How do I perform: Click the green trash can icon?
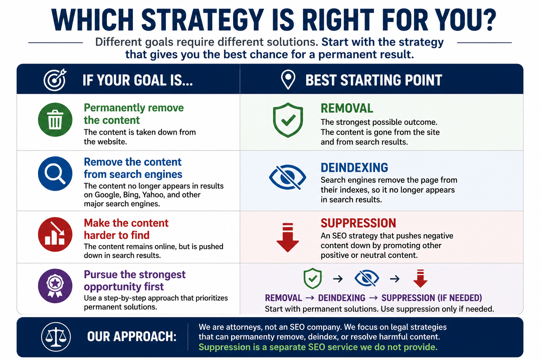[55, 120]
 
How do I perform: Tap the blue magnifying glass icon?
[55, 174]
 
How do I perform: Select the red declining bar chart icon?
[55, 234]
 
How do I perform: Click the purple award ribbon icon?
[55, 286]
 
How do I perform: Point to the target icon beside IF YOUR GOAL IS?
[55, 80]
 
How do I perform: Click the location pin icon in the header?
[288, 79]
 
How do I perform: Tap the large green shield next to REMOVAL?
[288, 120]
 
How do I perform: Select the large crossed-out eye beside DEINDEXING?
[288, 178]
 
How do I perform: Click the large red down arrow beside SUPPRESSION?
[288, 238]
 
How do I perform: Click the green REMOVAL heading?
[347, 108]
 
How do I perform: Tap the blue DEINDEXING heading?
[354, 168]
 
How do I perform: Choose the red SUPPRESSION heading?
[358, 223]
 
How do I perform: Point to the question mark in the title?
[490, 20]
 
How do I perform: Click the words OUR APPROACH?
[132, 336]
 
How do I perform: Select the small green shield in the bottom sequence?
[313, 278]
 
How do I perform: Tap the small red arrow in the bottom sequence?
[420, 278]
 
